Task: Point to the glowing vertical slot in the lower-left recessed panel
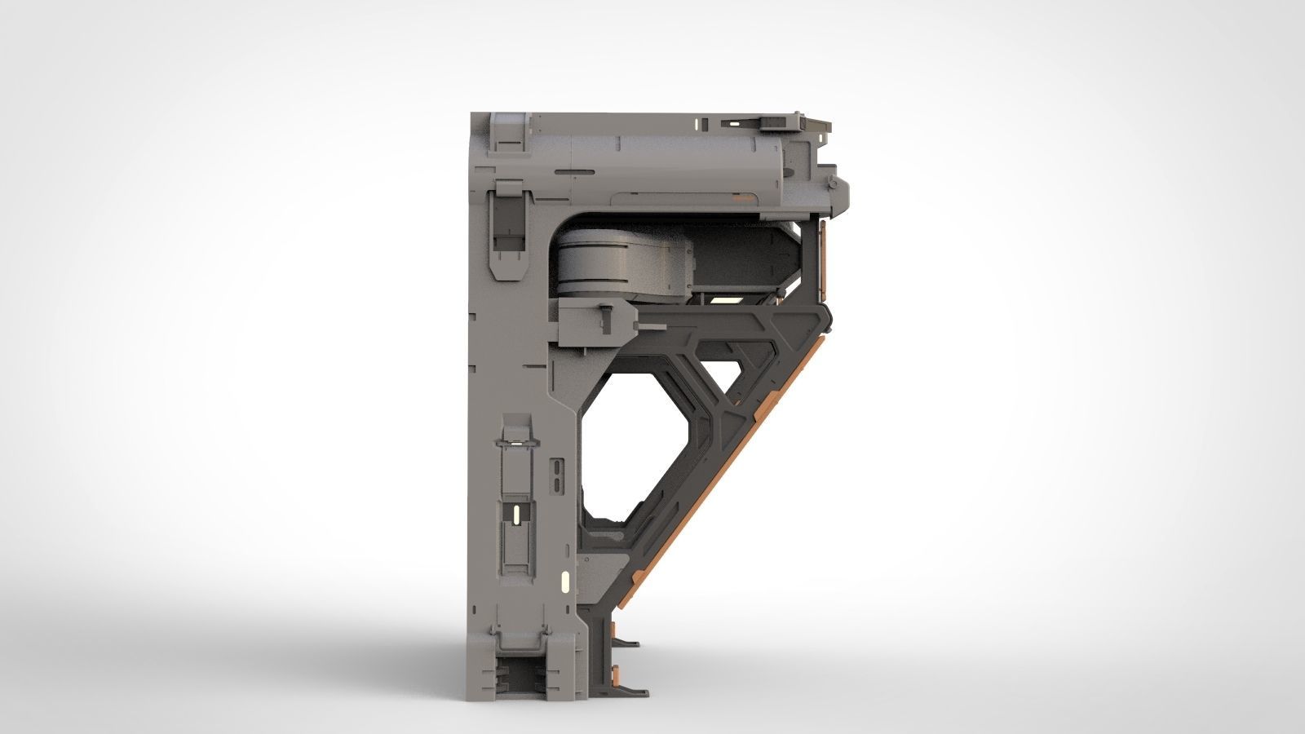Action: click(515, 514)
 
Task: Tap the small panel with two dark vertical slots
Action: click(556, 476)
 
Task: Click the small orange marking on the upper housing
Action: click(743, 197)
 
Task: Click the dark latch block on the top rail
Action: click(773, 122)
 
